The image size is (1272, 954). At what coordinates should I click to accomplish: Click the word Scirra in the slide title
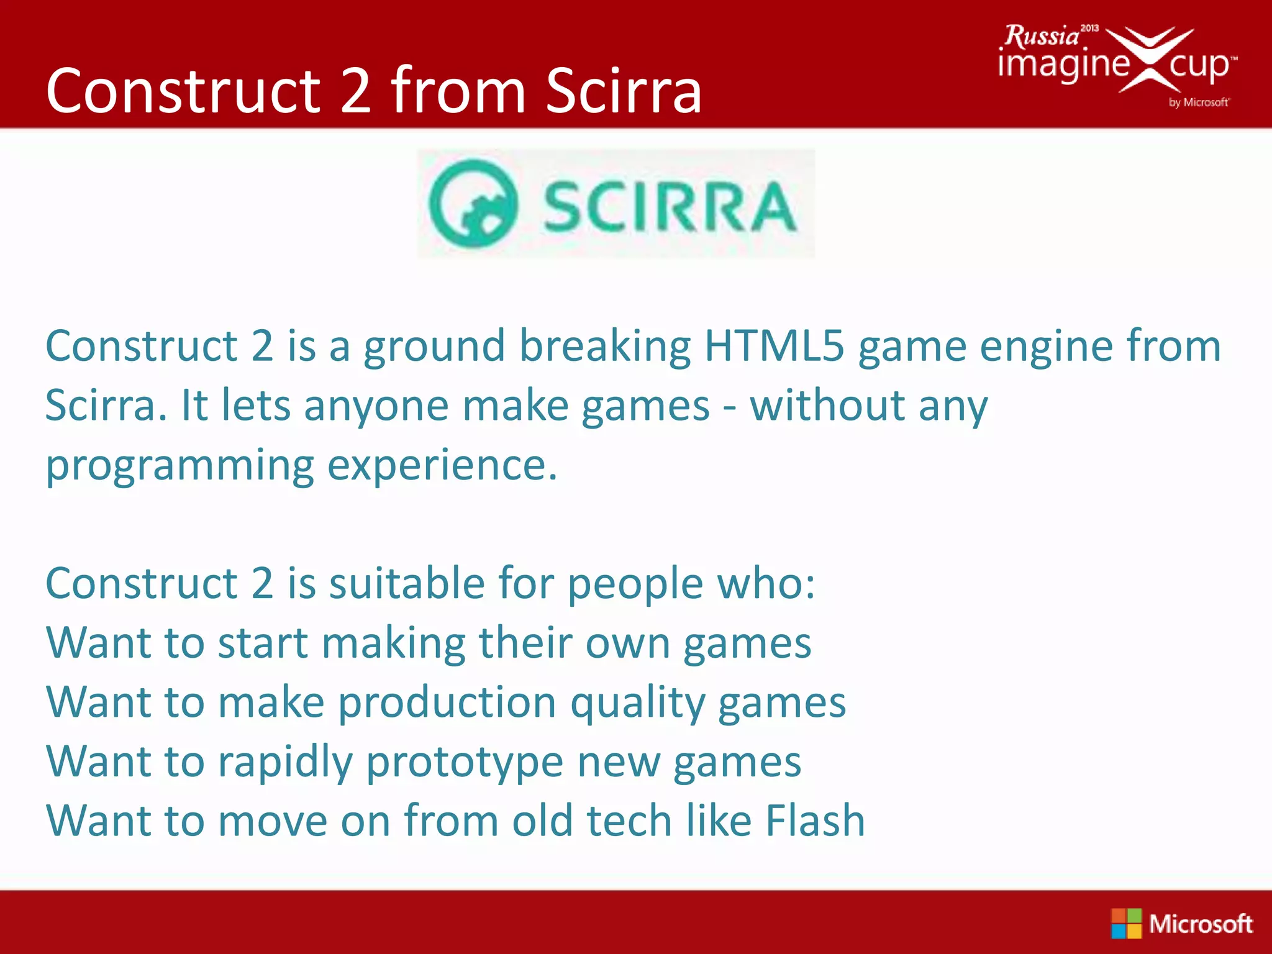point(624,92)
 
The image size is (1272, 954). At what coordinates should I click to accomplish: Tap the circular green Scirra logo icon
point(473,204)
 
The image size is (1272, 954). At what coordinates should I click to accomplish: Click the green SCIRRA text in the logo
point(670,207)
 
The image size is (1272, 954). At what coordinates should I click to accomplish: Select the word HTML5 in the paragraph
point(774,346)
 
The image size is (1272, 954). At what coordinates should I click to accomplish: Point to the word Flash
point(815,820)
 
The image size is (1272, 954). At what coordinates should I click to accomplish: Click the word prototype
point(465,763)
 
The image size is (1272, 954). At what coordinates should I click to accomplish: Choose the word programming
point(180,466)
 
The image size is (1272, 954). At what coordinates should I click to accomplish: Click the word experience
point(442,466)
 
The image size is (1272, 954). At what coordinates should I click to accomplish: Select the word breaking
point(605,346)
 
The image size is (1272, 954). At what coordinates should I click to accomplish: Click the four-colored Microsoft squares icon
point(1126,923)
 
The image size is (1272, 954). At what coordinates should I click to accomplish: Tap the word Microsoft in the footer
point(1200,924)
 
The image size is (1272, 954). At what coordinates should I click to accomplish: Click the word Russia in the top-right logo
point(1042,36)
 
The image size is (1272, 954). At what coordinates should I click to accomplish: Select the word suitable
point(407,584)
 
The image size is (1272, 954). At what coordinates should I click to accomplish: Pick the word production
point(447,704)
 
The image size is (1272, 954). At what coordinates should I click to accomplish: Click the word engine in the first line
point(1046,346)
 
